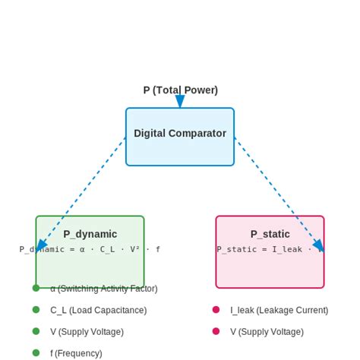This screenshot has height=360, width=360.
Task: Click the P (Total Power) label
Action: (x=180, y=90)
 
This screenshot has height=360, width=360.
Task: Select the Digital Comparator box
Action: (x=180, y=137)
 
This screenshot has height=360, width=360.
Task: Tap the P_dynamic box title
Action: (x=90, y=234)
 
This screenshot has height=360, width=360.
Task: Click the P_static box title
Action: (x=270, y=234)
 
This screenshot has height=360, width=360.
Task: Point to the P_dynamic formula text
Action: (x=90, y=249)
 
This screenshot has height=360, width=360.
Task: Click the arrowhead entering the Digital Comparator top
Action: (x=180, y=103)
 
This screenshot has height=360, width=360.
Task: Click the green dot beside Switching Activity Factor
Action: (x=36, y=288)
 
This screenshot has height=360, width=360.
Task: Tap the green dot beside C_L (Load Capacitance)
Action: (x=36, y=309)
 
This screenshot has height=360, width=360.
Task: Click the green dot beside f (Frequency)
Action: (x=36, y=352)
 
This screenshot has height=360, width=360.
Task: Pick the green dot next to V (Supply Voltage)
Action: (x=36, y=331)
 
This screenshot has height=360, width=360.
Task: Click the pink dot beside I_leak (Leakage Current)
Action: (x=216, y=310)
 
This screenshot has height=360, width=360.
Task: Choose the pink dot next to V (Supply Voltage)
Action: (x=216, y=331)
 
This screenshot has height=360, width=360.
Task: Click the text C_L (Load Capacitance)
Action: (x=98, y=310)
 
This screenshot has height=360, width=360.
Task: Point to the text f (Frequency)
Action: (x=76, y=353)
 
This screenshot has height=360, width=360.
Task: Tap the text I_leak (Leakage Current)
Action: (x=279, y=310)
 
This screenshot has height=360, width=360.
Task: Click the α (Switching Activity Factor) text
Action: (x=103, y=289)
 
